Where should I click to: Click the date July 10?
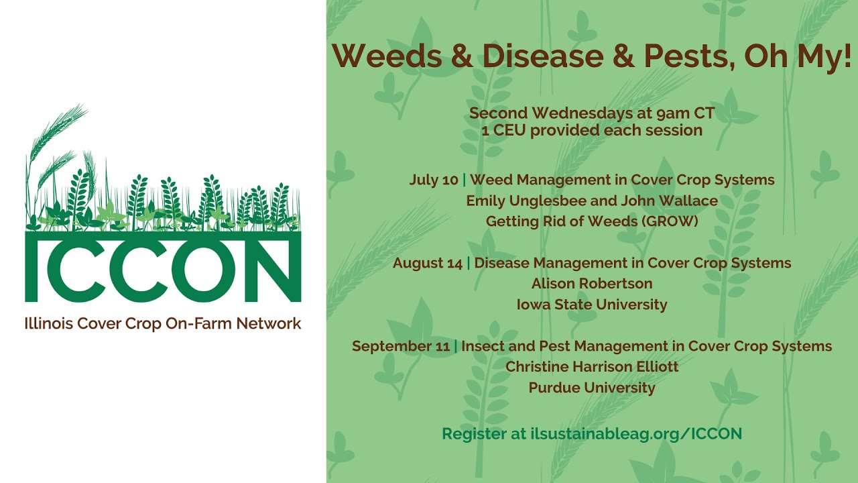click(x=434, y=180)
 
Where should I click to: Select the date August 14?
click(x=427, y=263)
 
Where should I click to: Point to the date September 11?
click(x=401, y=346)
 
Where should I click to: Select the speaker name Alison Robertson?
click(x=592, y=284)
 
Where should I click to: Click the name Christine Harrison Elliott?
click(x=592, y=367)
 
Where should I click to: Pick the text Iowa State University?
click(x=592, y=305)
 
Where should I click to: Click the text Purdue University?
click(x=592, y=388)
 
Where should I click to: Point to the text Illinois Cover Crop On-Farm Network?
click(x=163, y=323)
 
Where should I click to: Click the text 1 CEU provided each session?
click(x=592, y=130)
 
